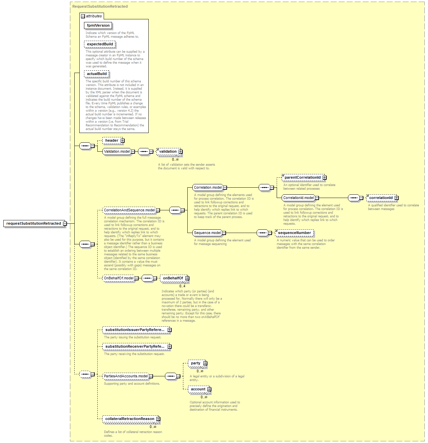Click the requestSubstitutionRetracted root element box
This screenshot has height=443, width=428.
pos(33,223)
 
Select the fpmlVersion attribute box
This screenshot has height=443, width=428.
pos(98,25)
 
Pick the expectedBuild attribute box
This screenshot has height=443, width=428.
pos(100,44)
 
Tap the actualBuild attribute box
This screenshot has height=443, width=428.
pos(97,74)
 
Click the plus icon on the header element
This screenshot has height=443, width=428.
pos(122,140)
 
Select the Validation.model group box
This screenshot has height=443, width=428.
pos(117,151)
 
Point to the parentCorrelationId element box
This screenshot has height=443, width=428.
pos(303,177)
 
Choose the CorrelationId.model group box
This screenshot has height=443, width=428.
pos(298,198)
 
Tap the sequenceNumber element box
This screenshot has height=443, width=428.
pos(294,233)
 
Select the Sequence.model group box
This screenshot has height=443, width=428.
pos(207,233)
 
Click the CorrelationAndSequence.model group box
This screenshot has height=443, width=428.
pos(129,210)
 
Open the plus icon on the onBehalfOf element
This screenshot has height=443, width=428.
pos(187,278)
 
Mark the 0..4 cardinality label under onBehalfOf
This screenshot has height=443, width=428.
pos(182,286)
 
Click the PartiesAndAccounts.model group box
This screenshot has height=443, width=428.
pos(126,376)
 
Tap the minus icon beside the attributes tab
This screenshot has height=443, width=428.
pos(83,16)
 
